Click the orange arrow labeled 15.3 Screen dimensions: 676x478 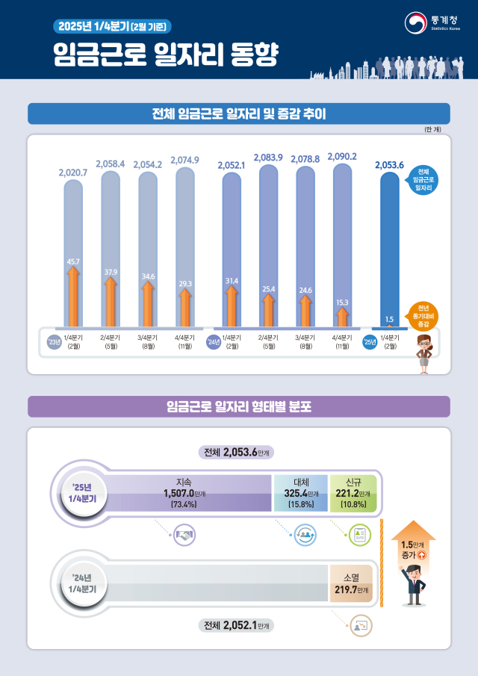click(342, 314)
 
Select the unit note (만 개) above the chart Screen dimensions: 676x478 click(433, 129)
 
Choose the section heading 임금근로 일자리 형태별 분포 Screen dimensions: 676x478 click(239, 407)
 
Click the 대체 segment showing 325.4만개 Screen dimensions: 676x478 click(300, 493)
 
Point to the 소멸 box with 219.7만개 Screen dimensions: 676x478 click(351, 583)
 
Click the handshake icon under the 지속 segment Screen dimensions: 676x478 click(184, 534)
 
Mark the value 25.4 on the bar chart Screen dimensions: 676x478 click(269, 288)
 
